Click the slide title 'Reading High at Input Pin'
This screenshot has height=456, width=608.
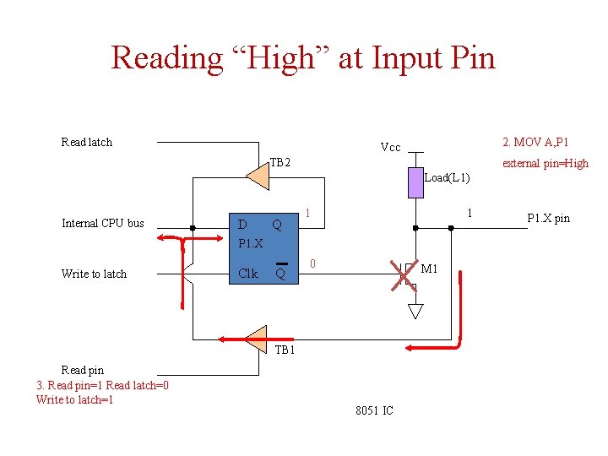[303, 57]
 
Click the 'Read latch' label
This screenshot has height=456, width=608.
[86, 142]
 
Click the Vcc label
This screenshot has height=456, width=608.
[390, 148]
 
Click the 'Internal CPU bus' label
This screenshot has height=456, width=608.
[103, 223]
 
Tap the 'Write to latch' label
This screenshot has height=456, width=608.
[94, 274]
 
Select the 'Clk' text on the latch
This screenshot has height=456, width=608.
[248, 274]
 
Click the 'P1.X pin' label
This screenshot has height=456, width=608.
[548, 219]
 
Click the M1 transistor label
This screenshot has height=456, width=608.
[429, 269]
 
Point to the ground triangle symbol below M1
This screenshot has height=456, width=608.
[415, 311]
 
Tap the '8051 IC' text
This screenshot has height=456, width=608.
[374, 411]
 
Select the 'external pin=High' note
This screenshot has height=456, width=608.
[546, 163]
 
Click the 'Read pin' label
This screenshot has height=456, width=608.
[83, 370]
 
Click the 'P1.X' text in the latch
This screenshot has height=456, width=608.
[251, 243]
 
